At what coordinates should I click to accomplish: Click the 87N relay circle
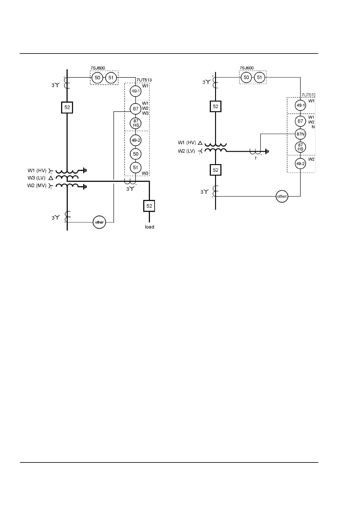click(x=300, y=134)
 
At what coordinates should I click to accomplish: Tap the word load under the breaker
click(x=149, y=227)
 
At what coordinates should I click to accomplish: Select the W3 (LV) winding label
click(x=37, y=178)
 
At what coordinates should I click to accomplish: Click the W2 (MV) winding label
click(x=37, y=185)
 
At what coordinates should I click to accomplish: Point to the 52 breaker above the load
click(x=149, y=206)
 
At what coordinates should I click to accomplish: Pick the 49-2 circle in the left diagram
click(x=136, y=140)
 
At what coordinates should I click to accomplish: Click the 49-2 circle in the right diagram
click(x=300, y=164)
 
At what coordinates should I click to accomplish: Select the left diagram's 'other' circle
click(x=99, y=222)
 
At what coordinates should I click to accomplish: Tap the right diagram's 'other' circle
click(x=282, y=196)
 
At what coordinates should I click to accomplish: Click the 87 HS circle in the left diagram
click(x=136, y=123)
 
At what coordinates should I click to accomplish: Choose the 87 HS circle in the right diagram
click(x=300, y=147)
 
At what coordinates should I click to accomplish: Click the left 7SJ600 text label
click(x=98, y=68)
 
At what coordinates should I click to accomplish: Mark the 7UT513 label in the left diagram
click(x=144, y=80)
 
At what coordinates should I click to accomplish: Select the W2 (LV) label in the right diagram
click(x=186, y=151)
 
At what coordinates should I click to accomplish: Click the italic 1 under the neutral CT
click(x=256, y=158)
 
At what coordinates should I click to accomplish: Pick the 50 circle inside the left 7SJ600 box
click(x=97, y=78)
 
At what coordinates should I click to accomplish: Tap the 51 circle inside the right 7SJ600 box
click(x=260, y=77)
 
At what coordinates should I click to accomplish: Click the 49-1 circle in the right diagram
click(x=300, y=105)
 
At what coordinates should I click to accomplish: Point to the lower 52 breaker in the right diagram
click(x=215, y=170)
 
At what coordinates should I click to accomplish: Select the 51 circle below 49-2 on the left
click(x=136, y=167)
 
